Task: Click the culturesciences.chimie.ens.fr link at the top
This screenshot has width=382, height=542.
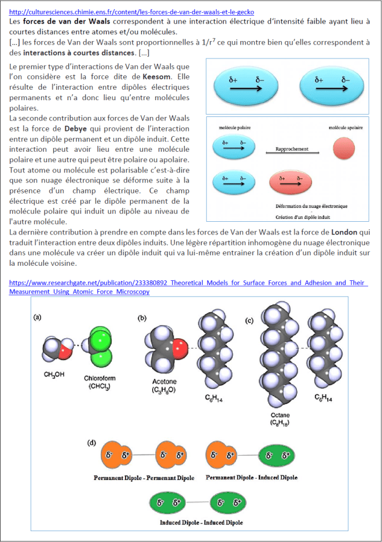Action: pos(132,12)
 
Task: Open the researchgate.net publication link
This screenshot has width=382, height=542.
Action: pos(188,287)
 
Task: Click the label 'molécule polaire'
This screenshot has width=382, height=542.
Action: pos(234,127)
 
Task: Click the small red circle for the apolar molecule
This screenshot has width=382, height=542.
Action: pos(341,149)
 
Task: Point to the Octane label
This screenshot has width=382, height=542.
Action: pos(279,419)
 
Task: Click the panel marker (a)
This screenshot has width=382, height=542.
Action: pos(37,317)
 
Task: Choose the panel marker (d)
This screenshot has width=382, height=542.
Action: pos(90,443)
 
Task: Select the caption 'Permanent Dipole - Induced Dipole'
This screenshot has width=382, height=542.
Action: pos(252,478)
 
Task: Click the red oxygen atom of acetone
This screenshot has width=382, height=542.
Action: pos(180,350)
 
